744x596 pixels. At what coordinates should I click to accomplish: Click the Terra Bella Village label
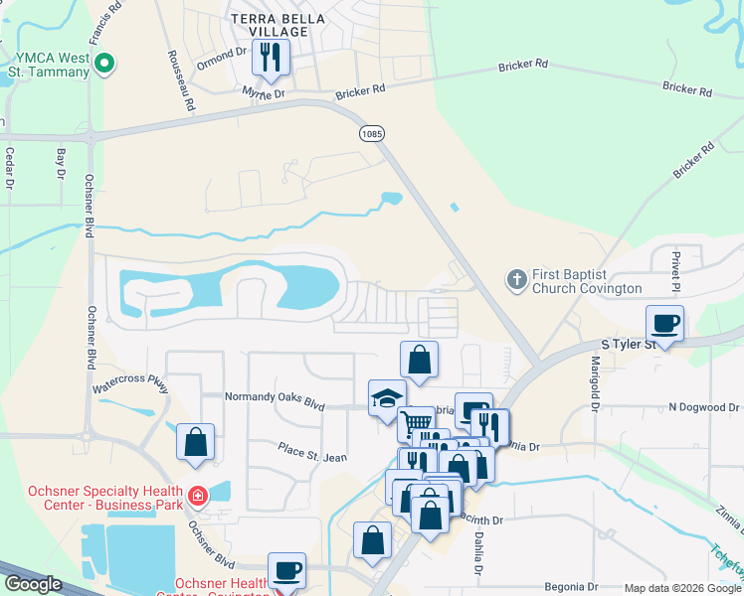tap(270, 25)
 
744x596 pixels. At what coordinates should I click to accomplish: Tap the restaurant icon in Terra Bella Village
tap(270, 58)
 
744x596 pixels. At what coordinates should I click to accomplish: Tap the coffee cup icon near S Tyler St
tap(664, 323)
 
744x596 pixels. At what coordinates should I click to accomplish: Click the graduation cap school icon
tap(386, 398)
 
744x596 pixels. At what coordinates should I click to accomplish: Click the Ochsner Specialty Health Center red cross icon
tap(197, 495)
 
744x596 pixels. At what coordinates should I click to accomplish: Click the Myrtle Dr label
tap(264, 92)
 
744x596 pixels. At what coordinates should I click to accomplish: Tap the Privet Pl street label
tap(673, 268)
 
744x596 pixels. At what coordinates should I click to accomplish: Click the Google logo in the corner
tap(33, 584)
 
